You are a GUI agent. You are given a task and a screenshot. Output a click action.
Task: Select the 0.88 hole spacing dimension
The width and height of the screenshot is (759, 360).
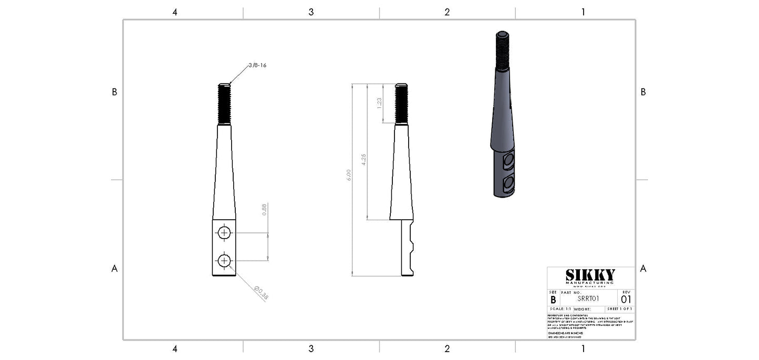pyautogui.click(x=264, y=210)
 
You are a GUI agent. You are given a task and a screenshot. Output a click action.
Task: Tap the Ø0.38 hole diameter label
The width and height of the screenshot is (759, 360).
pyautogui.click(x=261, y=293)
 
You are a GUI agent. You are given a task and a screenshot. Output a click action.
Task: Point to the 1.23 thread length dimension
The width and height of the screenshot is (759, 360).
pyautogui.click(x=379, y=104)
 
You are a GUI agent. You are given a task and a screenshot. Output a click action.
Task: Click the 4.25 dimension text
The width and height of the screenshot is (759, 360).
pyautogui.click(x=364, y=160)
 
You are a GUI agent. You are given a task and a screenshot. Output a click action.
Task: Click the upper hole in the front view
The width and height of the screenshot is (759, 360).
pyautogui.click(x=224, y=233)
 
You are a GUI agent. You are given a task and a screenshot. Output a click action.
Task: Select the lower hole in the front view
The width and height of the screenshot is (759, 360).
pyautogui.click(x=224, y=260)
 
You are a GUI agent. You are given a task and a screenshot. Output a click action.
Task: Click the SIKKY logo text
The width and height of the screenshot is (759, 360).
pyautogui.click(x=590, y=275)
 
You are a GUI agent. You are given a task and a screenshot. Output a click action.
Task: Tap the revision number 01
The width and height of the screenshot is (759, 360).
pyautogui.click(x=626, y=299)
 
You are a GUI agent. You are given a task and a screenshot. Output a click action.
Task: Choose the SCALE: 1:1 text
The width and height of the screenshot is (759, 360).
pyautogui.click(x=560, y=309)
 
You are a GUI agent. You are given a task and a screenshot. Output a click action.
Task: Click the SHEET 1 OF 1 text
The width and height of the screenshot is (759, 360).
pyautogui.click(x=620, y=309)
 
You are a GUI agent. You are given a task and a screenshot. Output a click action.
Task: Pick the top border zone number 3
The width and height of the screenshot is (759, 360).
pyautogui.click(x=311, y=12)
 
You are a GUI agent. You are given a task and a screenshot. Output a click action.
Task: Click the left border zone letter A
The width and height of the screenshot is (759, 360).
pyautogui.click(x=114, y=269)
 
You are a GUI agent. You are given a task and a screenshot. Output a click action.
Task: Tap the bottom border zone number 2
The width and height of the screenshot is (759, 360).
pyautogui.click(x=447, y=348)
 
